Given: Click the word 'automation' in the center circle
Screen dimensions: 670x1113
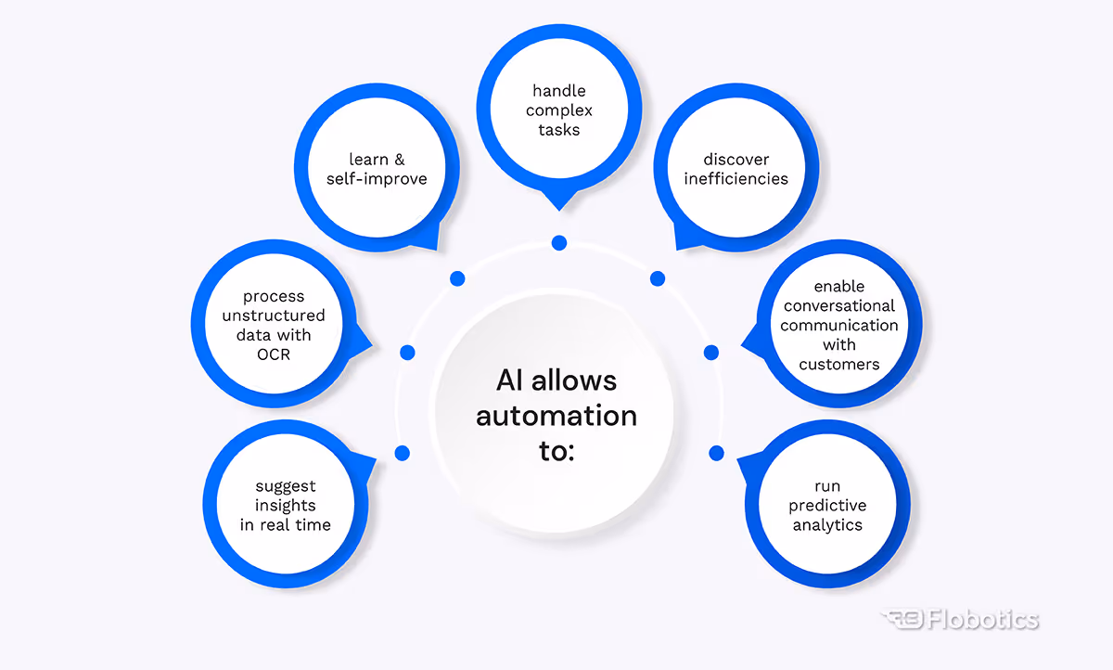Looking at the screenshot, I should tap(556, 415).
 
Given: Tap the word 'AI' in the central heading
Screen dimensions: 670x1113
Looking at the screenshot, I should tap(509, 380).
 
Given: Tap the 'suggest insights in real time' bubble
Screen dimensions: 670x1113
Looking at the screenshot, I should tap(286, 505).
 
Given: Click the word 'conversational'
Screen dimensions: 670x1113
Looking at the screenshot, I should tap(838, 305).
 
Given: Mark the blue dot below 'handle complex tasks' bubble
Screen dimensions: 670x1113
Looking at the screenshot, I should tap(558, 243).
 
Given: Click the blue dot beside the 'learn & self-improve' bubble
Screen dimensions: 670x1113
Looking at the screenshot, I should tap(457, 278).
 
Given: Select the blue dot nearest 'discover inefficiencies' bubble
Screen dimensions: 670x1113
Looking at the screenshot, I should tap(658, 278).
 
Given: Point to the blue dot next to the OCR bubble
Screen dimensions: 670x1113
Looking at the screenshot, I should tap(407, 353).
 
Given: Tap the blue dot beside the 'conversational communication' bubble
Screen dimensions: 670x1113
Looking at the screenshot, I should tap(711, 353).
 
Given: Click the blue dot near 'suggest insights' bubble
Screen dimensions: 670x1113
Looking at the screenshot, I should tap(402, 453).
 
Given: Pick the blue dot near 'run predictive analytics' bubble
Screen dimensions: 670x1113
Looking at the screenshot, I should tap(716, 453).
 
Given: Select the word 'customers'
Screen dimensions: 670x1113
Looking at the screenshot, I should tap(838, 364).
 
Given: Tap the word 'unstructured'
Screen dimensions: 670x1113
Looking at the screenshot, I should tap(274, 316).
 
